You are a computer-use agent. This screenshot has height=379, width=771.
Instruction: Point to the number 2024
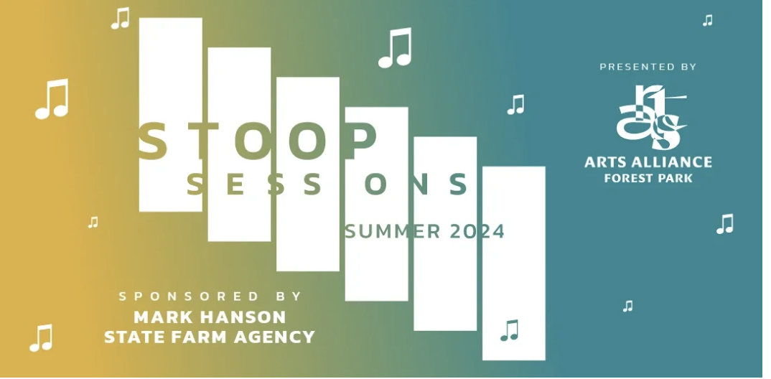[x=477, y=231]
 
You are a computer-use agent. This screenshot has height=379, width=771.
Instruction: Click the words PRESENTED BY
[x=648, y=66]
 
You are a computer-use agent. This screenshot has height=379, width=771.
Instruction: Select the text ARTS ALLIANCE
[x=648, y=162]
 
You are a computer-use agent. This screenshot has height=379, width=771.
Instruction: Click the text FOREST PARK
[x=648, y=178]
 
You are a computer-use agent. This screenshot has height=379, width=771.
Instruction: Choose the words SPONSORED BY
[x=210, y=296]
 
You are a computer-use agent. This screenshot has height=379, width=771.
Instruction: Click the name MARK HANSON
[x=210, y=317]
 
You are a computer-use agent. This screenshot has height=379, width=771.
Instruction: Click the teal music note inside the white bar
[x=510, y=330]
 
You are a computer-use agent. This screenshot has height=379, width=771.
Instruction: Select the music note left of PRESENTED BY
[x=516, y=105]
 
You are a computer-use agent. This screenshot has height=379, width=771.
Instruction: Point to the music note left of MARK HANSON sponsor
[x=41, y=337]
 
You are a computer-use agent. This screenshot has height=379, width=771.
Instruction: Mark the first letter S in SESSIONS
[x=196, y=184]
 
